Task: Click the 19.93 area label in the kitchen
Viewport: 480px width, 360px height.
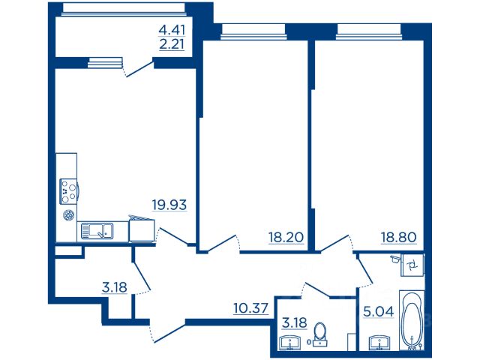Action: point(169,205)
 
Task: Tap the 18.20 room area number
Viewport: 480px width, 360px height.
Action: point(286,237)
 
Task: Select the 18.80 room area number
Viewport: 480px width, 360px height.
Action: point(399,237)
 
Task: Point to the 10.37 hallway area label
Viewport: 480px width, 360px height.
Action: point(251,308)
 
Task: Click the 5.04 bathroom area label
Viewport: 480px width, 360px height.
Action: point(379,312)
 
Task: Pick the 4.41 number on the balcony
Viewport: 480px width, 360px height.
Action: point(172,30)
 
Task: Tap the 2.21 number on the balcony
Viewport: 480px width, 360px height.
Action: point(172,45)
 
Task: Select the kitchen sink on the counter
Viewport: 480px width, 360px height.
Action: point(97,231)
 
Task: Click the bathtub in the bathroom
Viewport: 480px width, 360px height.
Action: point(412,320)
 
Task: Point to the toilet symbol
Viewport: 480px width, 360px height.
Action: point(320,334)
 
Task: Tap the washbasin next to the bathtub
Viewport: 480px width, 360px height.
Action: point(379,343)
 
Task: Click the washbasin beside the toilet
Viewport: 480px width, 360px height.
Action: point(289,343)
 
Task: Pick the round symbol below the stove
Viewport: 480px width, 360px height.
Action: point(68,215)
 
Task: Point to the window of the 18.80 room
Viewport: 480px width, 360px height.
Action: point(369,31)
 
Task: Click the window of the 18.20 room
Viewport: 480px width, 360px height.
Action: point(253,31)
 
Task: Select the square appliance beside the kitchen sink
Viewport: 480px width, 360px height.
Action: point(142,229)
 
